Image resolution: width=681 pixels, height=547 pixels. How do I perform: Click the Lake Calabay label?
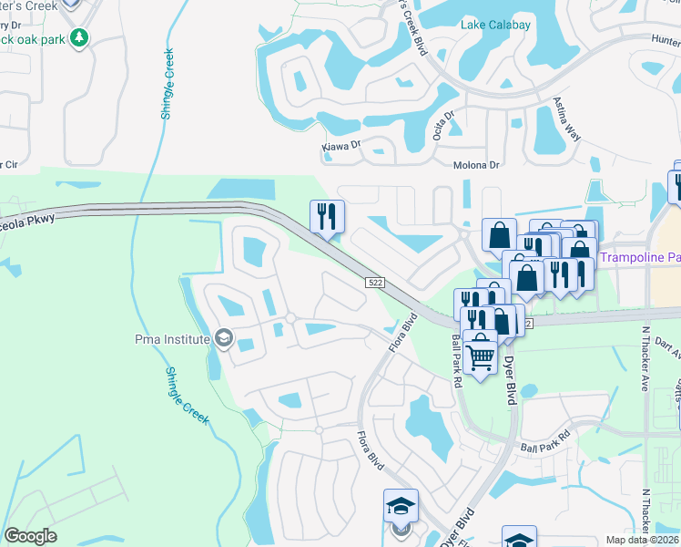(495, 25)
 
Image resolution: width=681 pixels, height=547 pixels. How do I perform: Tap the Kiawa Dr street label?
(341, 145)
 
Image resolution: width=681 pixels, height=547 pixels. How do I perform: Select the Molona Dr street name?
(477, 165)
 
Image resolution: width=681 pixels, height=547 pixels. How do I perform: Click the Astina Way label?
(567, 119)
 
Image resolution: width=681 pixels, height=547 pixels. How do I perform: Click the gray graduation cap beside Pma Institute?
(222, 339)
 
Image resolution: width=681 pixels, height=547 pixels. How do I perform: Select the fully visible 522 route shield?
(375, 283)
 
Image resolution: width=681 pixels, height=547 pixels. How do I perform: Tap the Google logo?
(30, 536)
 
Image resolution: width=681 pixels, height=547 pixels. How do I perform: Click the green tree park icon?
(80, 37)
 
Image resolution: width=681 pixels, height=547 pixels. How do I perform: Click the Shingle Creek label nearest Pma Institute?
(187, 396)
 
